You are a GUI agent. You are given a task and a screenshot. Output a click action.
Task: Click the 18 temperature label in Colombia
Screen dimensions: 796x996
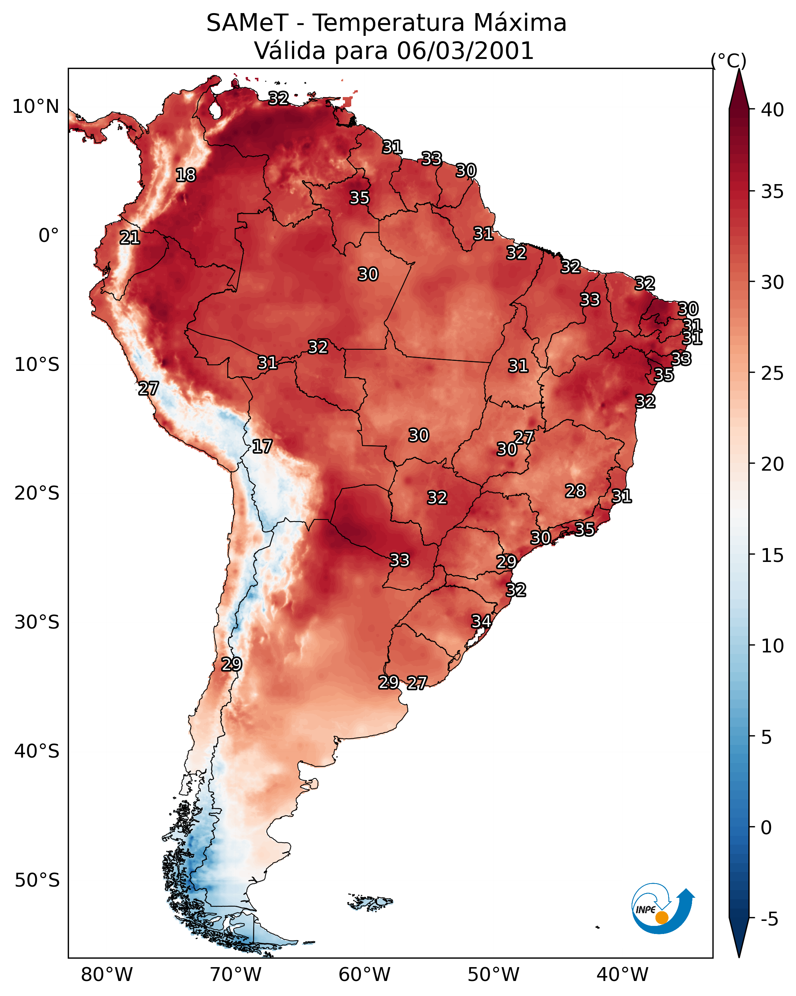pyautogui.click(x=186, y=175)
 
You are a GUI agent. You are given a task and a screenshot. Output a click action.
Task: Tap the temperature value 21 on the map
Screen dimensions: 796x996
pyautogui.click(x=130, y=238)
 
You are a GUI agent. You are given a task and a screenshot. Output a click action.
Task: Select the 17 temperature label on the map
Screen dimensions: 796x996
pyautogui.click(x=262, y=446)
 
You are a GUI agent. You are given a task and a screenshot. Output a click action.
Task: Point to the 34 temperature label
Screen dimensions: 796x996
pyautogui.click(x=481, y=621)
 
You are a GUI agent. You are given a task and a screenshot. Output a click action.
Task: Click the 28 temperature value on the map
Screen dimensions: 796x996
pyautogui.click(x=575, y=491)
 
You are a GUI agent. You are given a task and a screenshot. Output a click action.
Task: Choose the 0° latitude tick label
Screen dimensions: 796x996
pyautogui.click(x=49, y=236)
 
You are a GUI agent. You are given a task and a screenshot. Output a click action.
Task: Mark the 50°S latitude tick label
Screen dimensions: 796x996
pyautogui.click(x=37, y=880)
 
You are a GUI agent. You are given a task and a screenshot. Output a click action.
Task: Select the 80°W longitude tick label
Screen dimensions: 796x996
pyautogui.click(x=107, y=974)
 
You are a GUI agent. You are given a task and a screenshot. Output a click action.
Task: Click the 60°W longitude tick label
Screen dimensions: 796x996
pyautogui.click(x=365, y=974)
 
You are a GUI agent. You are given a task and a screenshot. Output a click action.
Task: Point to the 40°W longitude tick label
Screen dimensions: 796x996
pyautogui.click(x=622, y=974)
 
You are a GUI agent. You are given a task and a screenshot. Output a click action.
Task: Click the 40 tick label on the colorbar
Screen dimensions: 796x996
pyautogui.click(x=773, y=110)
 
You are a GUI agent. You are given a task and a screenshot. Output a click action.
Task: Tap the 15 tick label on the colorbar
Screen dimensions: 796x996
pyautogui.click(x=773, y=555)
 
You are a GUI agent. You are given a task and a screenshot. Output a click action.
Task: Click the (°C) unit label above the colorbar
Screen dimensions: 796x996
pyautogui.click(x=729, y=60)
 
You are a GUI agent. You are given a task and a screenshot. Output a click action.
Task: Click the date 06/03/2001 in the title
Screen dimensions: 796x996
pyautogui.click(x=465, y=50)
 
